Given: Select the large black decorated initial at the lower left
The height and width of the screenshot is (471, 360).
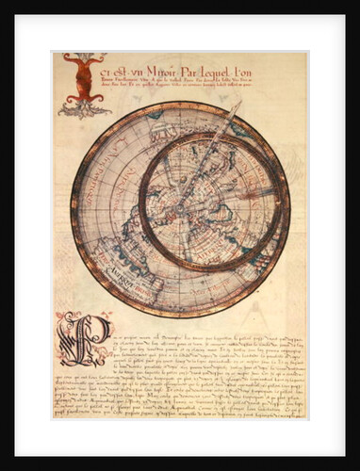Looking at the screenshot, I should click(x=83, y=339).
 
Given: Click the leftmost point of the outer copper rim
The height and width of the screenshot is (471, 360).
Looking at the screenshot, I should click(x=71, y=209).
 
